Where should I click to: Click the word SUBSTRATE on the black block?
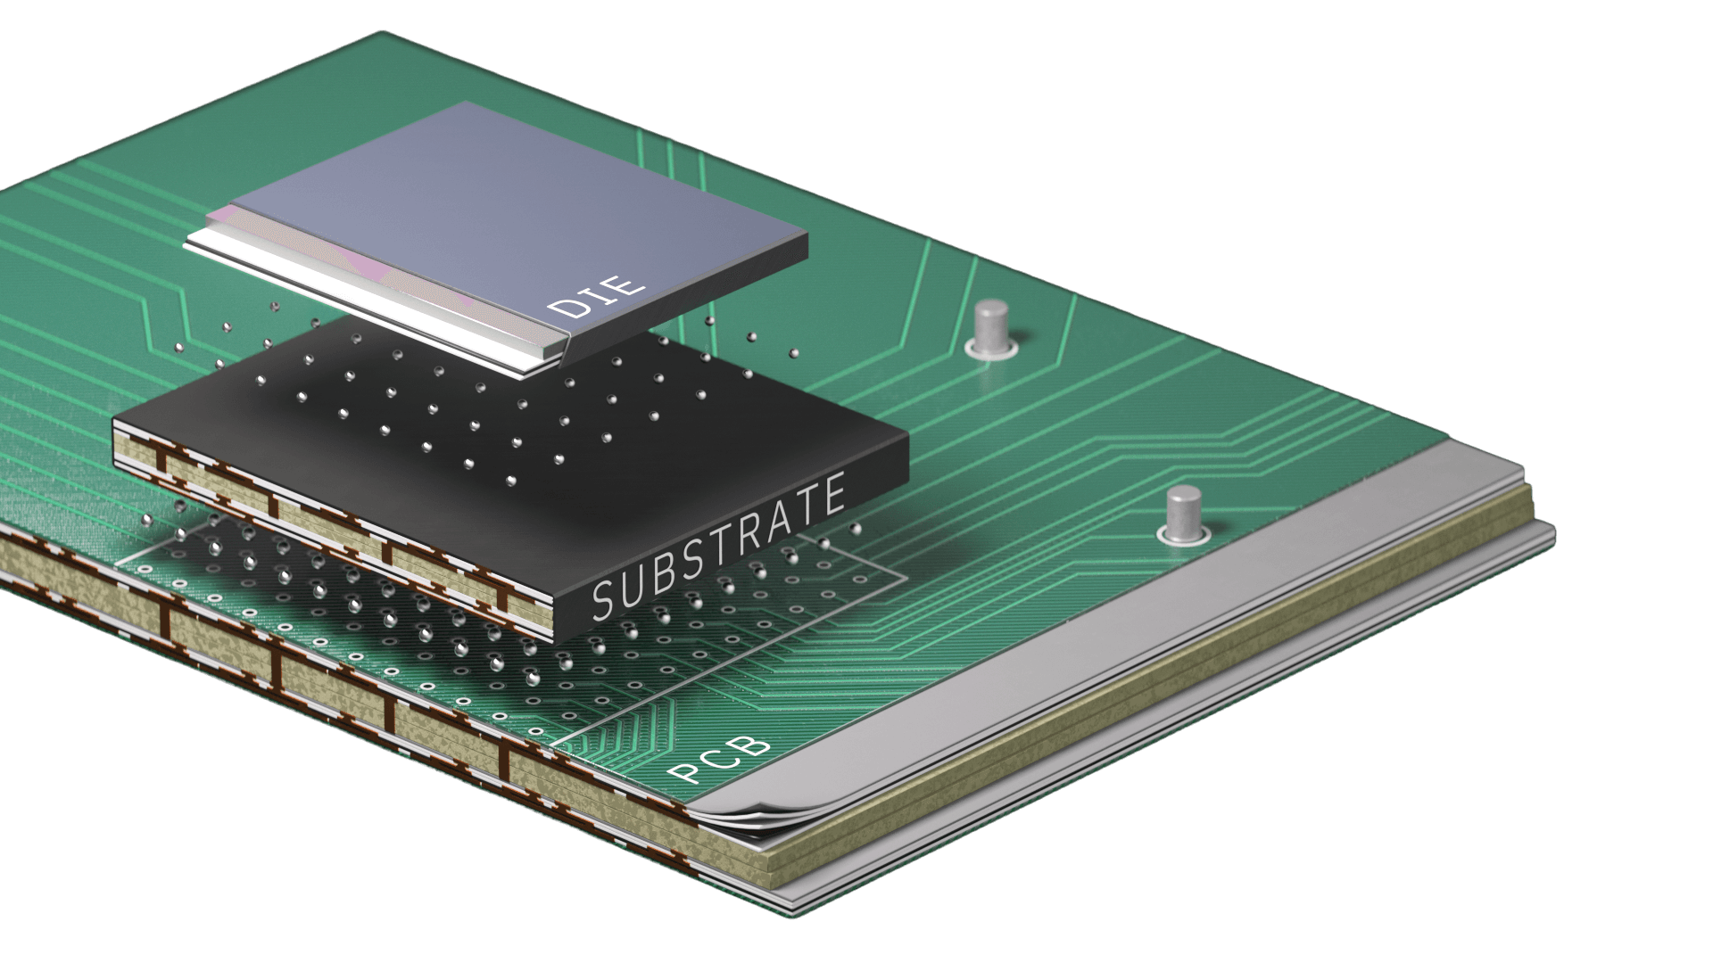point(718,550)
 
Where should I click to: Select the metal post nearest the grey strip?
point(1183,514)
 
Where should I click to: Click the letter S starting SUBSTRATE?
point(604,600)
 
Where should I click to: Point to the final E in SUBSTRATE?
point(833,495)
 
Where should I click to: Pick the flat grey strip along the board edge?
point(1160,624)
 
